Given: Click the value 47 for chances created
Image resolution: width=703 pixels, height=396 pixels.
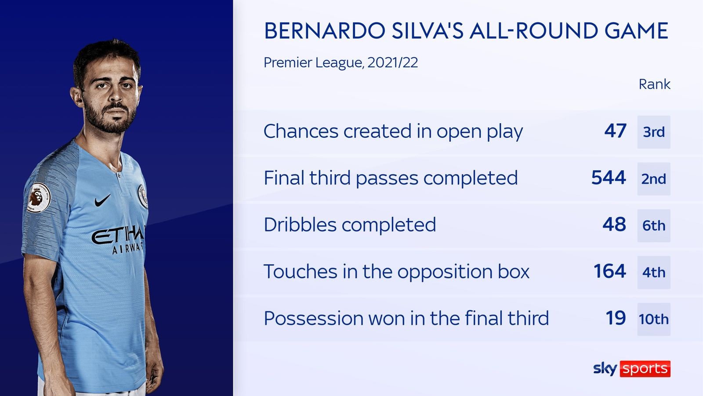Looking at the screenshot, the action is (x=616, y=131).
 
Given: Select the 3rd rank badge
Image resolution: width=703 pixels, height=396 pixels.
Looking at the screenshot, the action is (x=654, y=132).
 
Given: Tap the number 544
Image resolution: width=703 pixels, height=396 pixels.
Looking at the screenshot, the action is (x=609, y=178).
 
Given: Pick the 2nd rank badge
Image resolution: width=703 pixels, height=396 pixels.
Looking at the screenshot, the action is (x=654, y=179).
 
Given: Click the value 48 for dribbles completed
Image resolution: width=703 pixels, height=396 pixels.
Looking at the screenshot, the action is (x=615, y=224).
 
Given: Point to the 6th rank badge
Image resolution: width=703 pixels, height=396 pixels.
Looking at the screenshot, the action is (x=654, y=226).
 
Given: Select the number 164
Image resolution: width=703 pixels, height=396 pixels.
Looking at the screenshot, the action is (x=610, y=271).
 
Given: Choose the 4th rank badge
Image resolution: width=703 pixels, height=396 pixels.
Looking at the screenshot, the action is (x=654, y=272).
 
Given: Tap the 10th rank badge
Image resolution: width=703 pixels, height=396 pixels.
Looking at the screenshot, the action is (x=654, y=319).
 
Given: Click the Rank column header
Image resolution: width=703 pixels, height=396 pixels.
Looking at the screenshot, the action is (x=654, y=84).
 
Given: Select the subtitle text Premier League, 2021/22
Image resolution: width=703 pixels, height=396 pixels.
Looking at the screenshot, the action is (x=341, y=62).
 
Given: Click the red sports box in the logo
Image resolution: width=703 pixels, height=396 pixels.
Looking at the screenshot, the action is (x=645, y=369).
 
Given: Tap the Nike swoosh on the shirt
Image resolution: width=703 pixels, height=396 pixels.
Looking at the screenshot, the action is (x=103, y=200).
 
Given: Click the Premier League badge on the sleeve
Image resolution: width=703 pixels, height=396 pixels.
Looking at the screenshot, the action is (x=39, y=198).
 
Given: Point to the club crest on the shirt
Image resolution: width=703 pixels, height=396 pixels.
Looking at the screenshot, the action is (x=142, y=196).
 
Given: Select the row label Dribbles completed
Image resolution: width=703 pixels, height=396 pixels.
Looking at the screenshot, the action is (x=350, y=225).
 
